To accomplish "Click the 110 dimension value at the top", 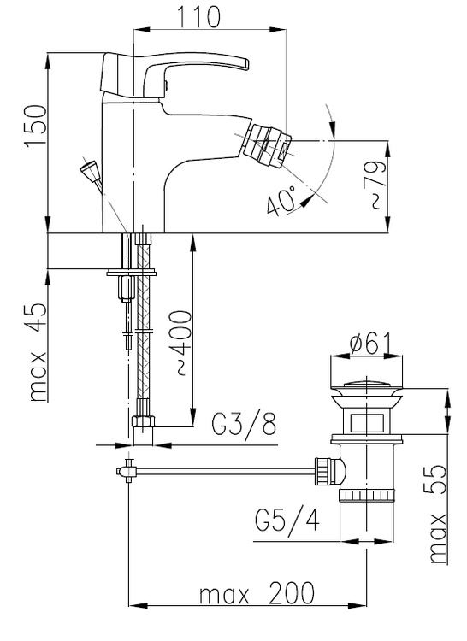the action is (198, 17).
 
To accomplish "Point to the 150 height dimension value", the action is (35, 126).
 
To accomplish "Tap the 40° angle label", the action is (281, 200).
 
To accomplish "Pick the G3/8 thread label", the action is (244, 424).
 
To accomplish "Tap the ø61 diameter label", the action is (370, 344).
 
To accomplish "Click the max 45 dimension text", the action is (38, 352).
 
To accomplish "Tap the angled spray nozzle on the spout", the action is (266, 145).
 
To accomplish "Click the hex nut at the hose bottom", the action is (144, 421).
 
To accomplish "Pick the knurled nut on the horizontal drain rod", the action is (324, 471).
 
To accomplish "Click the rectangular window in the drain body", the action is (367, 422).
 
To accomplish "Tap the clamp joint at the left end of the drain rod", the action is (127, 471).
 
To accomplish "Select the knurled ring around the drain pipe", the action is (367, 496).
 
